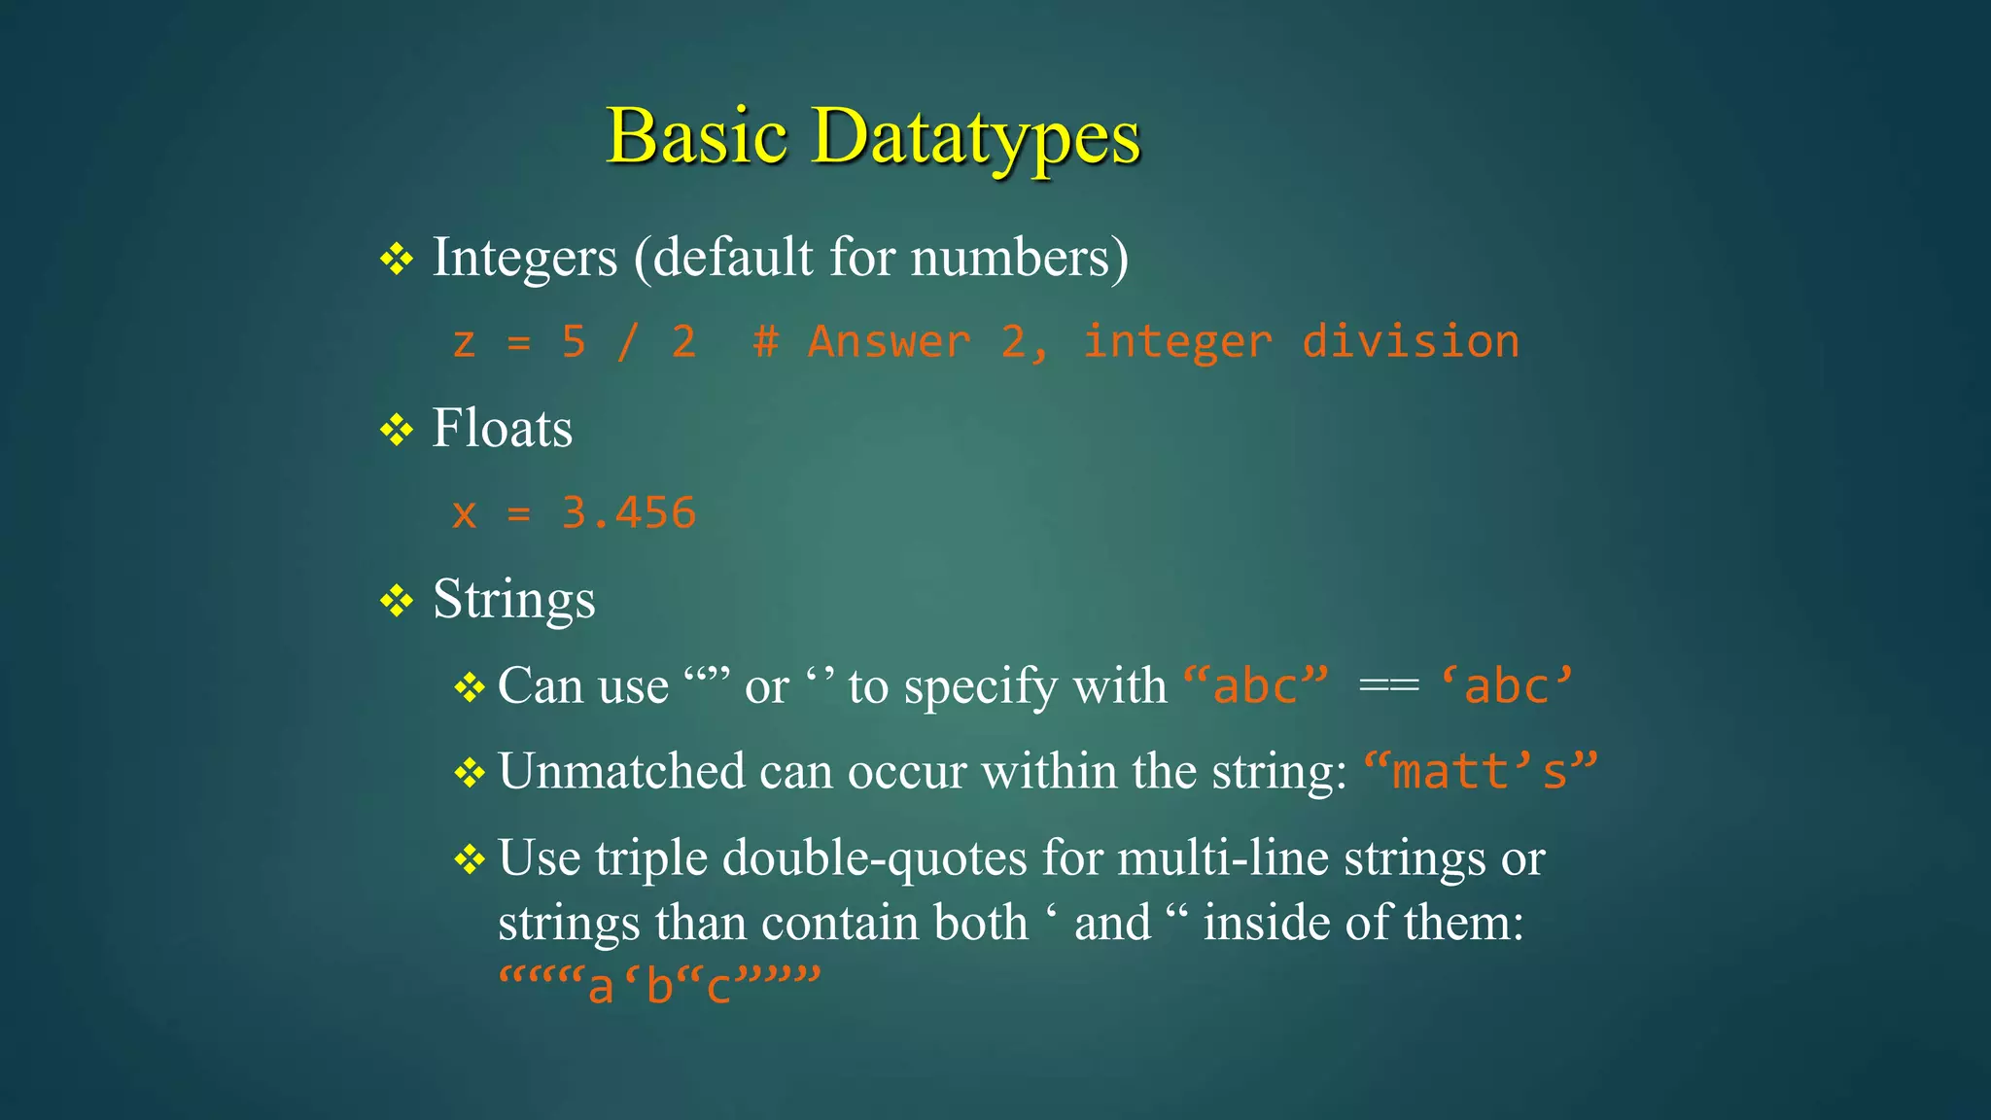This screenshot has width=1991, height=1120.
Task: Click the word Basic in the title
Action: coord(696,136)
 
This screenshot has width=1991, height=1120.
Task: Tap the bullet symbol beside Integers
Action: coord(397,259)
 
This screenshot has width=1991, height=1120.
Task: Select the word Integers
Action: coord(525,259)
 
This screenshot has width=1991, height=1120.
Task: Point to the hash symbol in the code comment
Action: coord(766,342)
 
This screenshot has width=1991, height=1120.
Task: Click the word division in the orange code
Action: coord(1410,342)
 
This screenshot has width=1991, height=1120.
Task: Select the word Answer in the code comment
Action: coord(889,342)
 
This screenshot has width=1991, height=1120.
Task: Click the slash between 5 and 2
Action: coord(629,342)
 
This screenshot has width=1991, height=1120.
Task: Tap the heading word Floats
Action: coord(502,429)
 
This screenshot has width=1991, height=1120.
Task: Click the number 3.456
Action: coord(629,513)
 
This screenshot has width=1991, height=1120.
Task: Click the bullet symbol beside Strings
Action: coord(397,601)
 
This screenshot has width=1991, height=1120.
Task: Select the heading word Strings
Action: coord(513,600)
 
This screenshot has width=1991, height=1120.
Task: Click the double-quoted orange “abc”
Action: coord(1256,686)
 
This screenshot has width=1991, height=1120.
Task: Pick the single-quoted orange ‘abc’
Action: coord(1506,686)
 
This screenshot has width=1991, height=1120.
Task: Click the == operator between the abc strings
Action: coord(1388,686)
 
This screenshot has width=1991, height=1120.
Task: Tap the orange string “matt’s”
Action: coord(1480,772)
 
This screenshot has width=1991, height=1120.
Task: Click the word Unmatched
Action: coord(621,772)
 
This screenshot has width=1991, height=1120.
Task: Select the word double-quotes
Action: coord(874,858)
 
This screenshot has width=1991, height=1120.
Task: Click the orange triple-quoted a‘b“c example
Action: coord(660,986)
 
